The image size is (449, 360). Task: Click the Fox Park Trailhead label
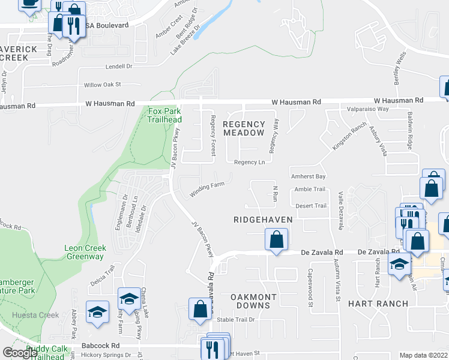point(164,115)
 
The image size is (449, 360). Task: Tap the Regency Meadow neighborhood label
point(243,128)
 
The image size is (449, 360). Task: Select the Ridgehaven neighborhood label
point(263,220)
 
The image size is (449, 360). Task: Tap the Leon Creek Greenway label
point(85,252)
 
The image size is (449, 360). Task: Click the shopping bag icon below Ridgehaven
point(276,242)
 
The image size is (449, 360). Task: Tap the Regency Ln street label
point(249,163)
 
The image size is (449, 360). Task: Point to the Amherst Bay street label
point(308,177)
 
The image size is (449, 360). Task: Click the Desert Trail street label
point(311,206)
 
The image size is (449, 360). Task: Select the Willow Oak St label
point(103,85)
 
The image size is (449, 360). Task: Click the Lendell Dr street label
point(118,67)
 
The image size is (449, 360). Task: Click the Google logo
point(20,352)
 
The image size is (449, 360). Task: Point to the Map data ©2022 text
point(423,355)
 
